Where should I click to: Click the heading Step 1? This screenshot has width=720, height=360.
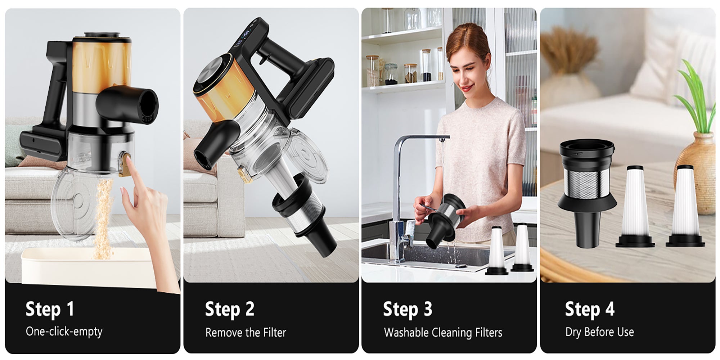click(50, 309)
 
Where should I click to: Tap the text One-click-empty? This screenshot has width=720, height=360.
click(64, 332)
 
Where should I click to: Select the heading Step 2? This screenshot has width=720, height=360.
click(229, 309)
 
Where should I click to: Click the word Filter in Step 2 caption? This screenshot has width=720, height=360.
click(274, 332)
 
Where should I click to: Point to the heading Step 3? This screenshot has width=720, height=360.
click(407, 309)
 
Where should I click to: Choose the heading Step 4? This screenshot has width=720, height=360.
click(589, 309)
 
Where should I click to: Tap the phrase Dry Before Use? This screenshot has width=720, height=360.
click(599, 332)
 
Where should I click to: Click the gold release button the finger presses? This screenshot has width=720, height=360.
click(125, 164)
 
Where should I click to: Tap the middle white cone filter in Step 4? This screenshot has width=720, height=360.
click(635, 205)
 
